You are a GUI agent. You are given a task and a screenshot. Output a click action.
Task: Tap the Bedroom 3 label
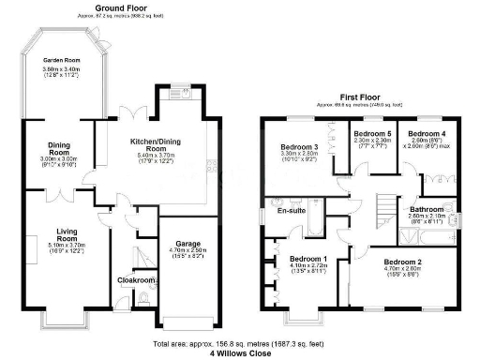point(304,147)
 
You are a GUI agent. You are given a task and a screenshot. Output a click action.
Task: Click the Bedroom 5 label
point(370,134)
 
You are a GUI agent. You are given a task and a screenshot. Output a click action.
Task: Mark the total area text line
point(241,343)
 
